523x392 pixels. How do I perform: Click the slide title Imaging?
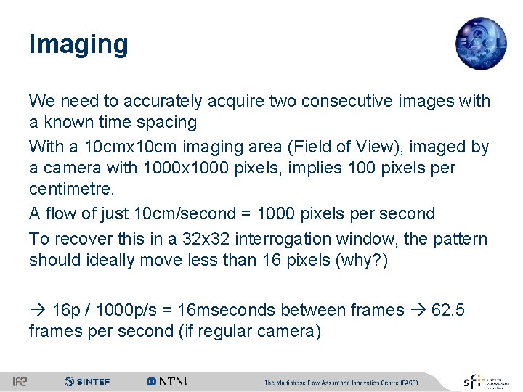(x=78, y=44)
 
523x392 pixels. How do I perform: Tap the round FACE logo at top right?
(x=481, y=42)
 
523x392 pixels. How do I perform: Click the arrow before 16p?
(x=38, y=310)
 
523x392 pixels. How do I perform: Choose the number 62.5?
(x=447, y=310)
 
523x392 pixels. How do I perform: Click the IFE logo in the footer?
(x=19, y=381)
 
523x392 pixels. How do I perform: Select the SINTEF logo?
(x=86, y=381)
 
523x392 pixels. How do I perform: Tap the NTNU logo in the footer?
(x=169, y=381)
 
